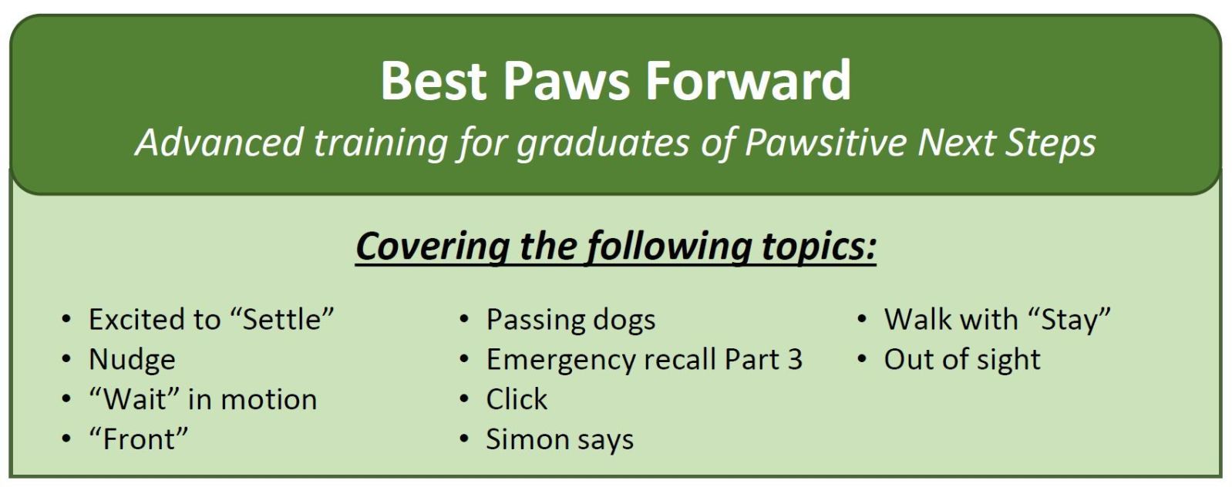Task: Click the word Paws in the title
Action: pyautogui.click(x=566, y=81)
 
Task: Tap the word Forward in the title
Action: pyautogui.click(x=749, y=81)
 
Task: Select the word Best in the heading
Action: pyautogui.click(x=433, y=81)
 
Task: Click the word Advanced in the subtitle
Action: pyautogui.click(x=219, y=143)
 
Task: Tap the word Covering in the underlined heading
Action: pyautogui.click(x=432, y=247)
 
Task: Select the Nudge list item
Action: pyautogui.click(x=132, y=360)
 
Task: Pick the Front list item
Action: pyautogui.click(x=139, y=439)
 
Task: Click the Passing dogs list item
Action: pyautogui.click(x=571, y=321)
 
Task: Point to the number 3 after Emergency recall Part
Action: pyautogui.click(x=795, y=360)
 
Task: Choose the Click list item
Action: pyautogui.click(x=517, y=399)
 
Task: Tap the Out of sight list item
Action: pyautogui.click(x=962, y=361)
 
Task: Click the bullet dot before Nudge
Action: pyautogui.click(x=66, y=360)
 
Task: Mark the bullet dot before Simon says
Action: pyautogui.click(x=464, y=440)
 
